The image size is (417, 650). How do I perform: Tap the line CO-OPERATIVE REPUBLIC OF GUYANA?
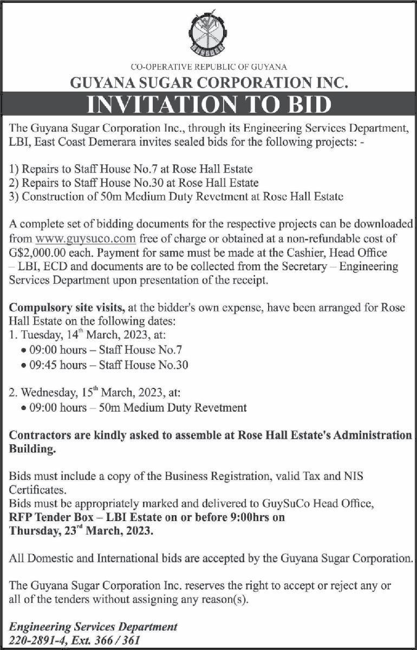208,67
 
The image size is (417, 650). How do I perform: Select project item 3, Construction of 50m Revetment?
177,197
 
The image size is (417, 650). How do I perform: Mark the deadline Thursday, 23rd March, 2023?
81,532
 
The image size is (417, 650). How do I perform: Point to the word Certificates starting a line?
37,490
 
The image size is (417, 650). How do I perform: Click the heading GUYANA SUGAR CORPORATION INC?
208,83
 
